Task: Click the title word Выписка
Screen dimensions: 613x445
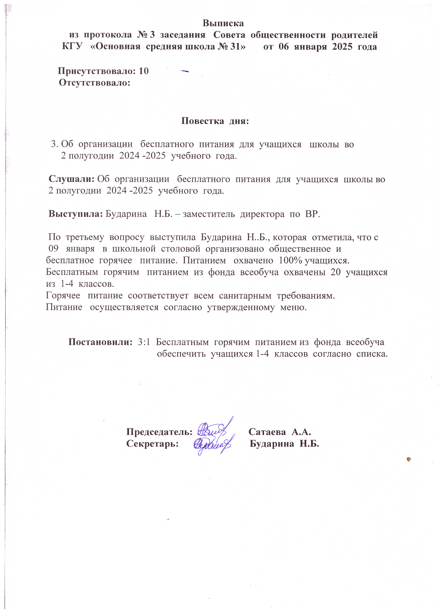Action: point(223,23)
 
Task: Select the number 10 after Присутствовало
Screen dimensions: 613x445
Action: point(144,71)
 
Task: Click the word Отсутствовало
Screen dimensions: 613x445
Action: point(95,83)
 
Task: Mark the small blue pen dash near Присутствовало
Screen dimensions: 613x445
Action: point(185,71)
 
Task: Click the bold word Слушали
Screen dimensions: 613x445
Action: point(71,179)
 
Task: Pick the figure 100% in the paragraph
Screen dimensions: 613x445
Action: point(291,261)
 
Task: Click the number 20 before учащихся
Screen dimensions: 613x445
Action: point(335,272)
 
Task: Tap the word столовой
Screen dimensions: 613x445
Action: point(180,249)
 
